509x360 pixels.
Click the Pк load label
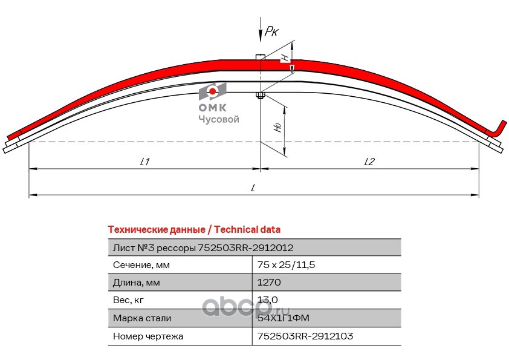point(271,33)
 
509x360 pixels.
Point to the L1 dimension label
point(144,162)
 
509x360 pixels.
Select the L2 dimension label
point(370,162)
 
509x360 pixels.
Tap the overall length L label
point(253,188)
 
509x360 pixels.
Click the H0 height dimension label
point(277,127)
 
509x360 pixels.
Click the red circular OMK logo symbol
point(213,91)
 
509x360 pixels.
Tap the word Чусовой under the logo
point(219,119)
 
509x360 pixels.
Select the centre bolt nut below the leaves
point(260,95)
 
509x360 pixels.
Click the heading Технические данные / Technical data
point(193,230)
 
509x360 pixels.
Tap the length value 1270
point(270,282)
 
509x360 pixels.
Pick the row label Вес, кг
point(129,299)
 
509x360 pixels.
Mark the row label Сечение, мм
point(141,264)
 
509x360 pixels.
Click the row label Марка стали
point(142,318)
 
